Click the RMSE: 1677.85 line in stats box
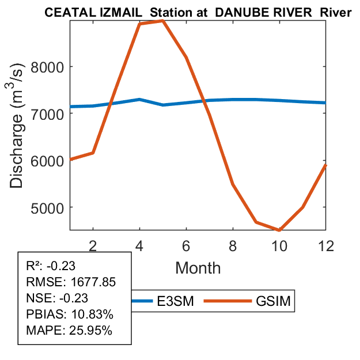(71, 282)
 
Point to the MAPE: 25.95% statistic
(69, 331)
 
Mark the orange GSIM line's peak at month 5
(163, 21)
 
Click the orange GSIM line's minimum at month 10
(279, 230)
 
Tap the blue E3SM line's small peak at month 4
(139, 100)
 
